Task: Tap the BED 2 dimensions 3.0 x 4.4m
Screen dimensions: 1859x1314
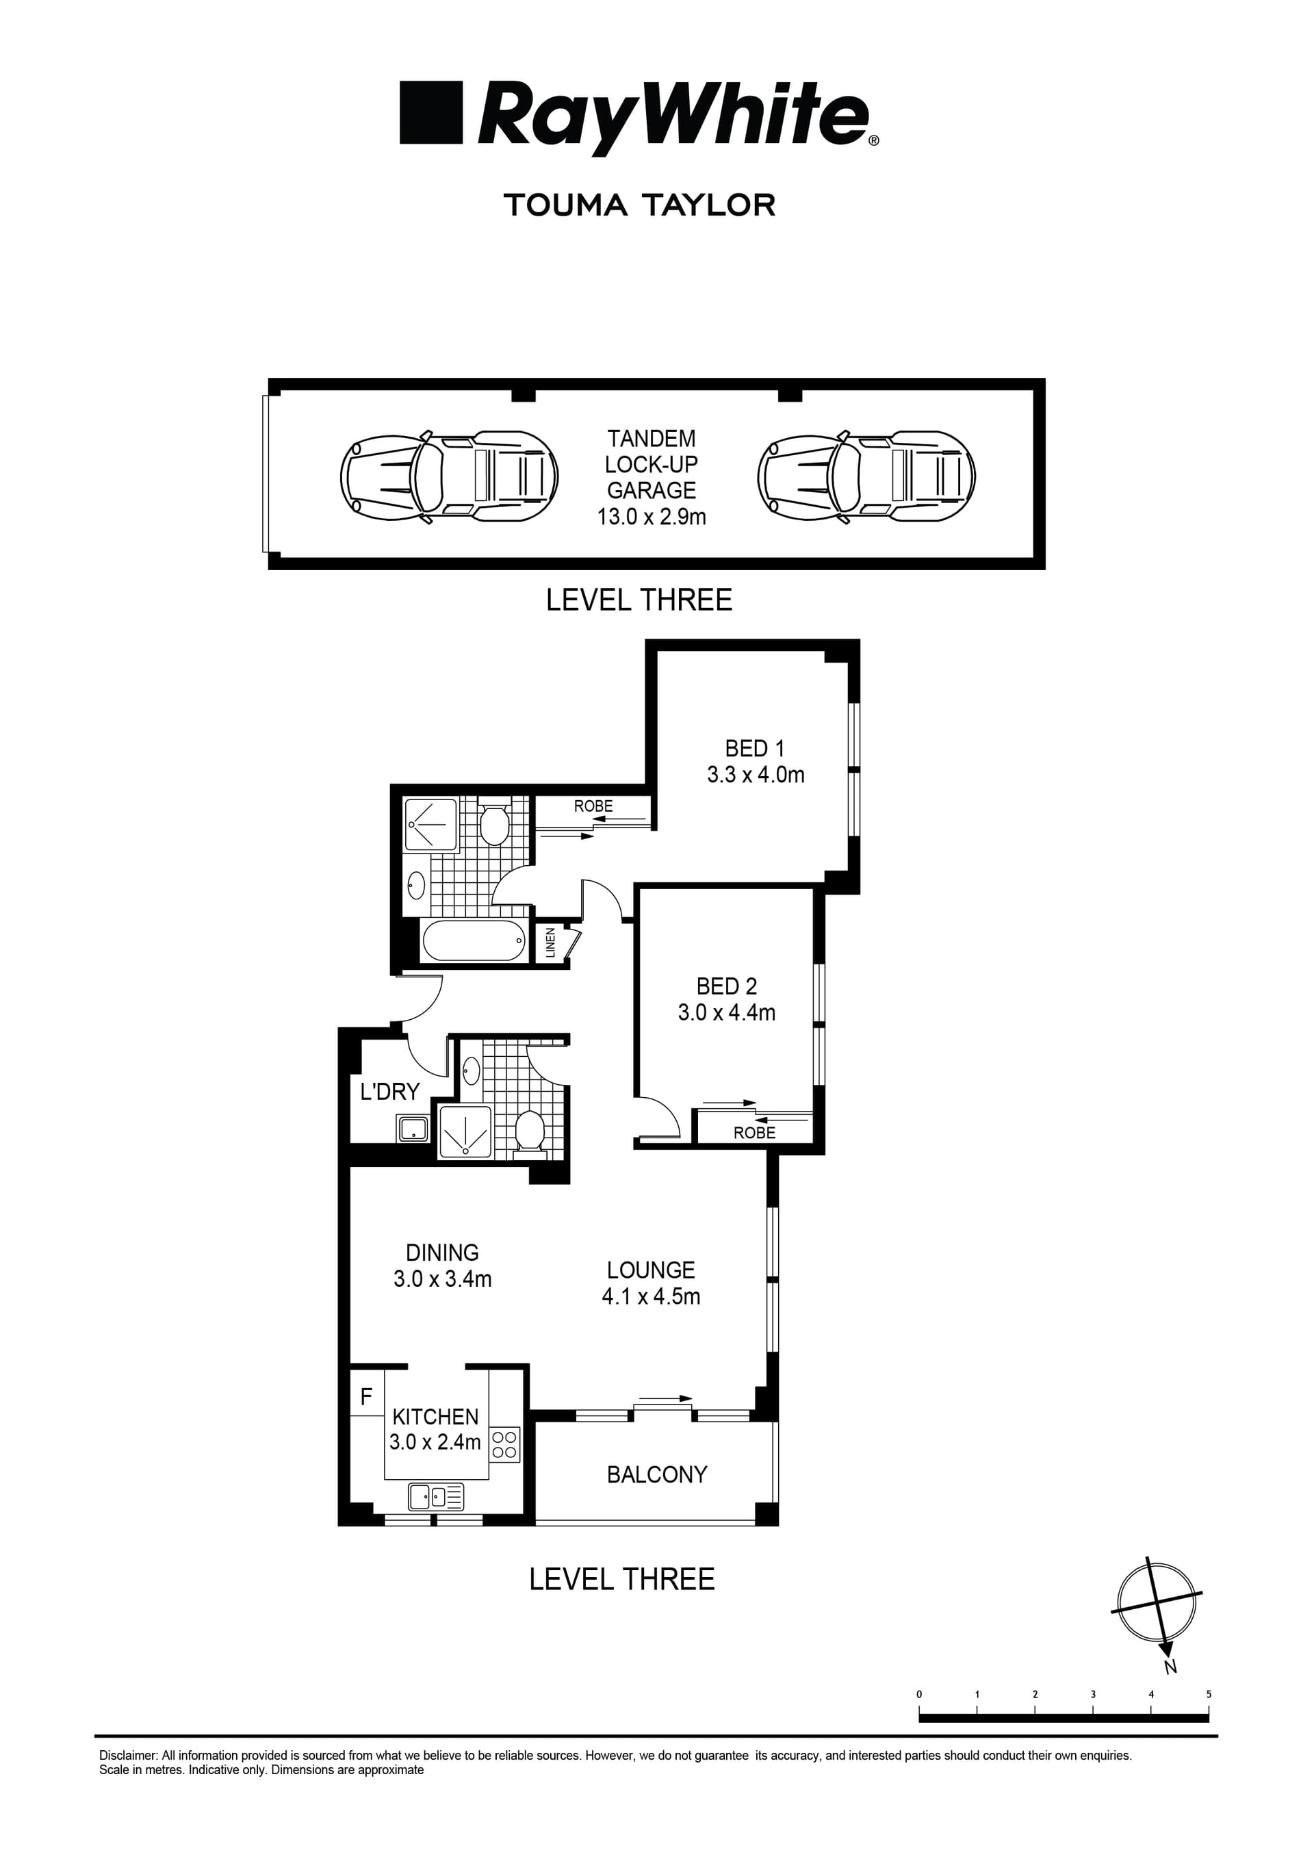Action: click(726, 1013)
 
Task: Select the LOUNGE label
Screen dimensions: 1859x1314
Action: click(650, 1270)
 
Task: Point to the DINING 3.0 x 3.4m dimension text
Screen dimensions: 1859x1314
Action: click(442, 1279)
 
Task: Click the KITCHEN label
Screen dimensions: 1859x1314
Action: click(435, 1416)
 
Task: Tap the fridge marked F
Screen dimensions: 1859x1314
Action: click(366, 1396)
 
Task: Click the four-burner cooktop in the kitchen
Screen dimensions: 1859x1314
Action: click(504, 1444)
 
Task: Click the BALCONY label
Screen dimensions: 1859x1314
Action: click(656, 1474)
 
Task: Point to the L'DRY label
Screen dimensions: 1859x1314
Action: click(389, 1092)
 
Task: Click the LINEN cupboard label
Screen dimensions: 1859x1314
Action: click(550, 943)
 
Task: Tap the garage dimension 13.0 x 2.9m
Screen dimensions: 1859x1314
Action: click(651, 517)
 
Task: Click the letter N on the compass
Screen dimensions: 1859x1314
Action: click(1170, 1667)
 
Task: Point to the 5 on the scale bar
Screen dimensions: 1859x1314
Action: click(1208, 1694)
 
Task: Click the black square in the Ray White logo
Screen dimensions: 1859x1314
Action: click(430, 112)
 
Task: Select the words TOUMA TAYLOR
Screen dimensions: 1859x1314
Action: click(640, 205)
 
